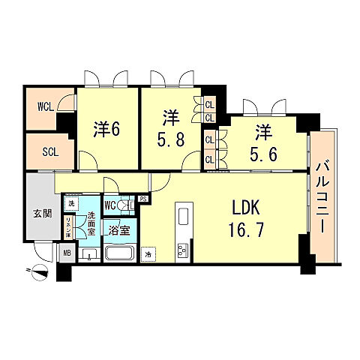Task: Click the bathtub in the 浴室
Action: click(x=120, y=253)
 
